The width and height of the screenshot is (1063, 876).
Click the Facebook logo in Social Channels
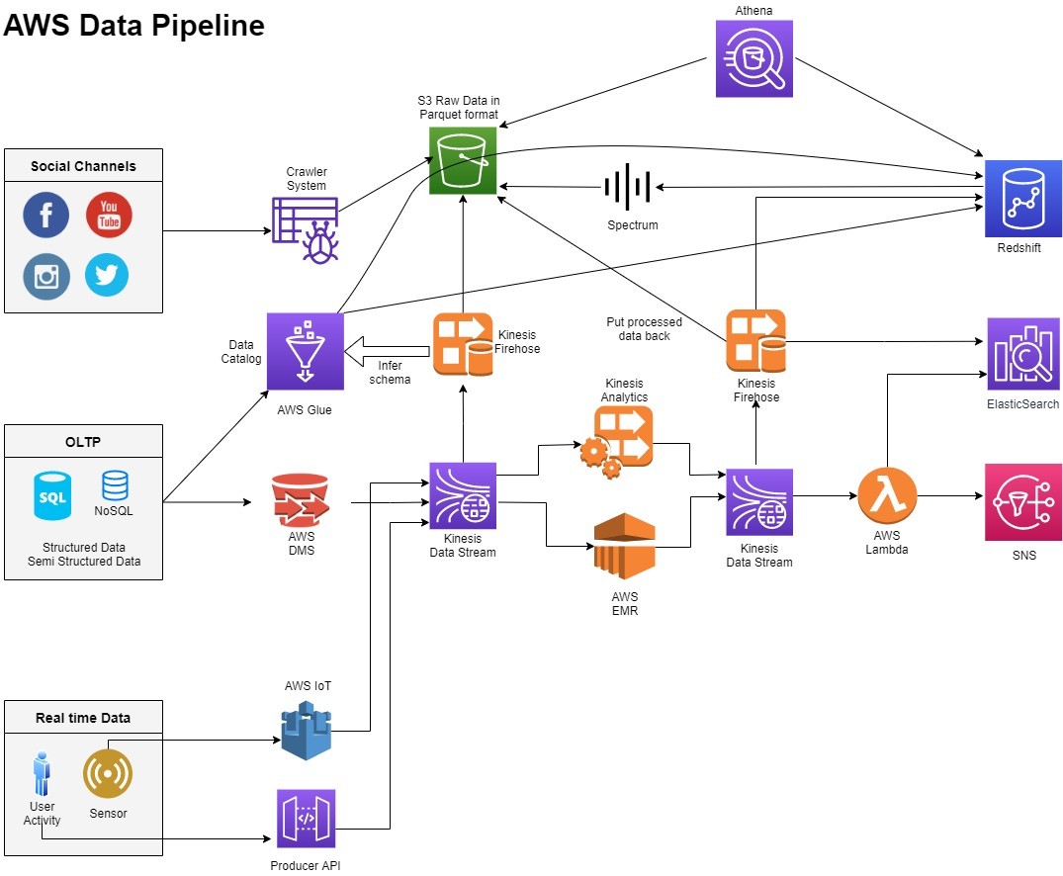click(x=46, y=216)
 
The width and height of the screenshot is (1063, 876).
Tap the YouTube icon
click(x=109, y=215)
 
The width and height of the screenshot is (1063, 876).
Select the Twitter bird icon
click(x=107, y=275)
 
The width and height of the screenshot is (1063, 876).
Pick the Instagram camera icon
click(x=46, y=276)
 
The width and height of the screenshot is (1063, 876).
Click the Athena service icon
click(x=754, y=59)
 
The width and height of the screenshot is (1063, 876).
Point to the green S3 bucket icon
click(x=463, y=160)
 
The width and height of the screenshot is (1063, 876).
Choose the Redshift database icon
click(x=1022, y=199)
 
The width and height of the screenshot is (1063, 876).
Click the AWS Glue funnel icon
click(x=305, y=352)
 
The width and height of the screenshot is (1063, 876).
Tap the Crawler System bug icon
click(x=306, y=227)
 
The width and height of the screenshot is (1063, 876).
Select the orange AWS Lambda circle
click(x=887, y=495)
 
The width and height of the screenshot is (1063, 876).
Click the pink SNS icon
click(x=1022, y=501)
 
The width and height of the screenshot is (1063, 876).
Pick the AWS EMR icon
click(x=624, y=545)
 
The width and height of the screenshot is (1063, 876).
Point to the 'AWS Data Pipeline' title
click(x=134, y=25)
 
